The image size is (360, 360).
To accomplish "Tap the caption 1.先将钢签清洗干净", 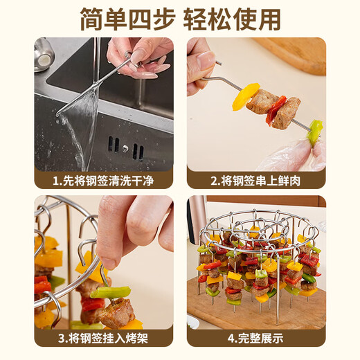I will point(103,181).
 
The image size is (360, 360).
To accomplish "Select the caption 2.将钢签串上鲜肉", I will point(256,181).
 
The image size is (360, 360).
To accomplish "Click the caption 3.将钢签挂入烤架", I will point(103,339).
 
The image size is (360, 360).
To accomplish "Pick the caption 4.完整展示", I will point(256,339).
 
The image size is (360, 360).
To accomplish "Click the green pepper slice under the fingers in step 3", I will point(111,292).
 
